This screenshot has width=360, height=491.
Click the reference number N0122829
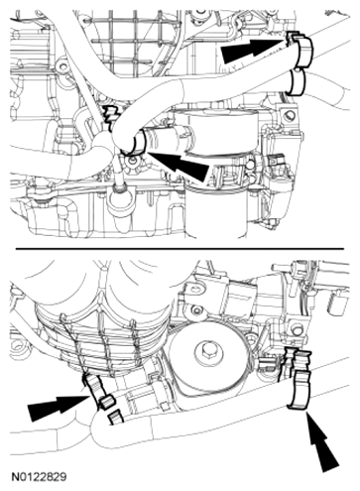(39, 477)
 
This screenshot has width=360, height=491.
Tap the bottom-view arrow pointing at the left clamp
(59, 406)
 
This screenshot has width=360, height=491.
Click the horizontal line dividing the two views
(180, 248)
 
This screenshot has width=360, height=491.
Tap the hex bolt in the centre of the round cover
(204, 350)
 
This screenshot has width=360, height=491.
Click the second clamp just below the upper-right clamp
(297, 82)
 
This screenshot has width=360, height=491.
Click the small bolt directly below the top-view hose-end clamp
(133, 162)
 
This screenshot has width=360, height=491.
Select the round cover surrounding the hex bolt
(204, 351)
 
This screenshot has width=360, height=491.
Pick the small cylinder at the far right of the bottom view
(336, 304)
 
